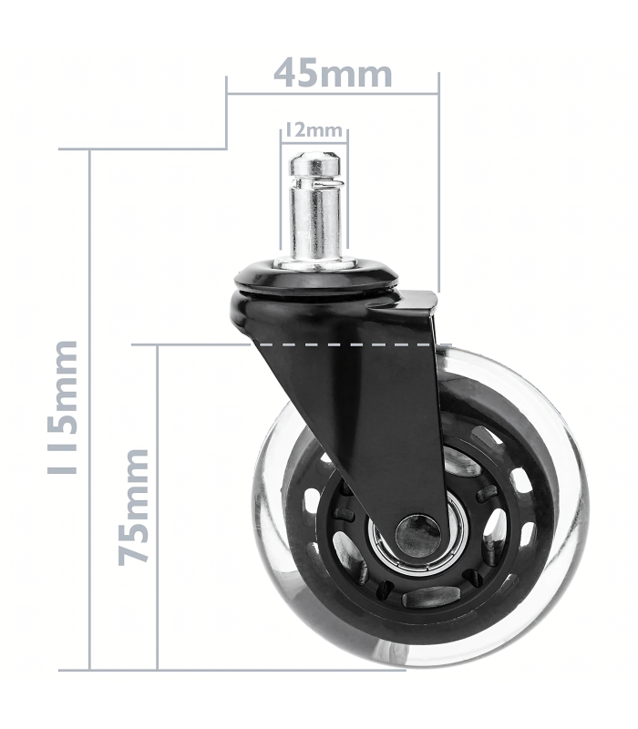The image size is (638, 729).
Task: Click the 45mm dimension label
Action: [333, 73]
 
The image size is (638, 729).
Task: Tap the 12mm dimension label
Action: [314, 130]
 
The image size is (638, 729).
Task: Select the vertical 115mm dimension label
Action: [62, 407]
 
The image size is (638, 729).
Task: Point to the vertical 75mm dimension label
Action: [134, 507]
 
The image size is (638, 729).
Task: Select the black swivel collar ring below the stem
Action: [316, 277]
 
